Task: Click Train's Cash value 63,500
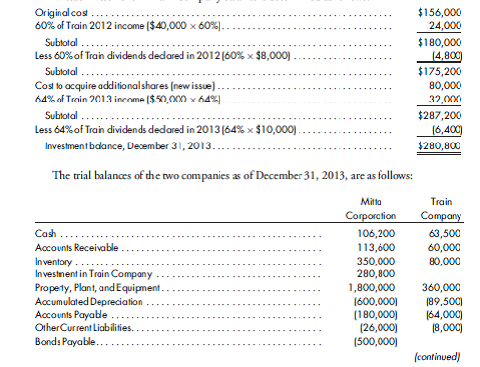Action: click(445, 235)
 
